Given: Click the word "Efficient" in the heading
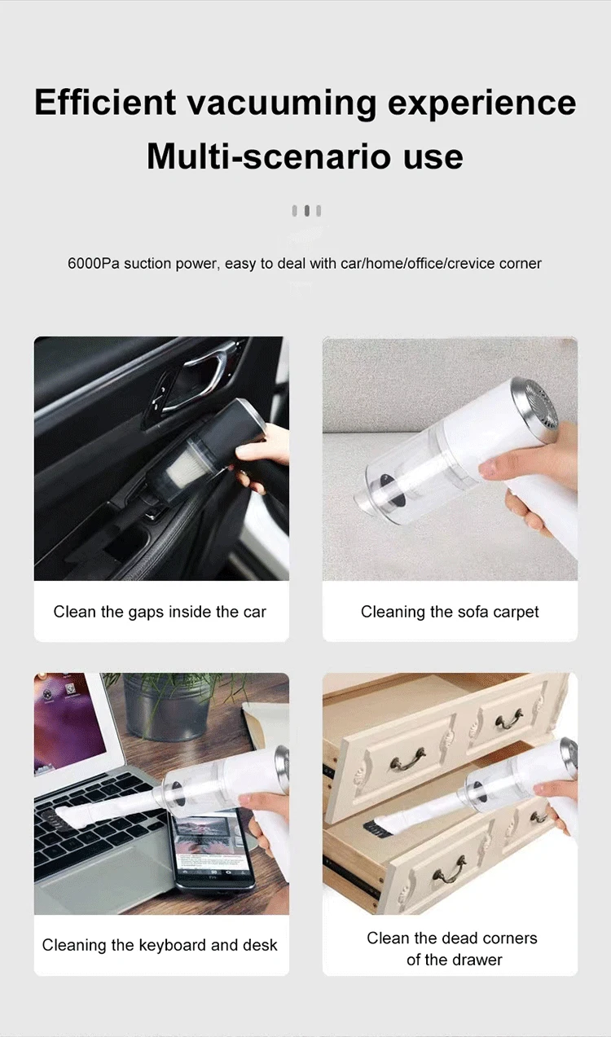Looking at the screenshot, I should [x=105, y=103].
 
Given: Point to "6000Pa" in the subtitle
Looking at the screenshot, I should [x=94, y=263].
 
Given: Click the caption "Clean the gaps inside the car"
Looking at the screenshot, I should [x=160, y=612].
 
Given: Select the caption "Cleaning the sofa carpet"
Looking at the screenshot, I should [x=450, y=612].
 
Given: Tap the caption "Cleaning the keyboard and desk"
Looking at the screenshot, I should [x=160, y=946].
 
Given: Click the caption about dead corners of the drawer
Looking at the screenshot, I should [x=451, y=949].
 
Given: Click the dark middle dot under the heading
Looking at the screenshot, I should [x=306, y=211].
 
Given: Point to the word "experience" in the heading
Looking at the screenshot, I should [x=481, y=103].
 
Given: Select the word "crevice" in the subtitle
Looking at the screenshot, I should [x=470, y=263].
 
